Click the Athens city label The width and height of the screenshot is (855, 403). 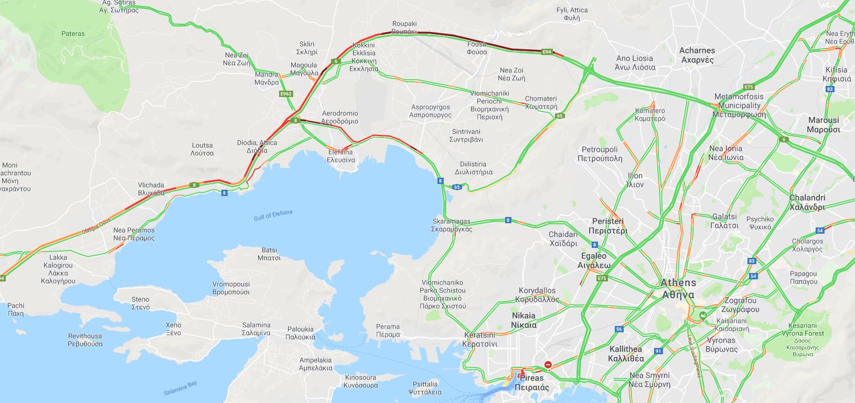tap(678, 288)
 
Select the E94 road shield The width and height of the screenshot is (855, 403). tap(547, 52)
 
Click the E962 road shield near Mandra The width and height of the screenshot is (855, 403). tap(286, 94)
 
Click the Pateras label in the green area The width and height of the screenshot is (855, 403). tap(73, 34)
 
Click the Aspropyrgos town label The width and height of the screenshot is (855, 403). tap(430, 111)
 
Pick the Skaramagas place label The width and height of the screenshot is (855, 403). tap(452, 225)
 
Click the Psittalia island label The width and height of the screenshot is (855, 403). tap(425, 388)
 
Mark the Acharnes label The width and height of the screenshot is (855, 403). tap(697, 55)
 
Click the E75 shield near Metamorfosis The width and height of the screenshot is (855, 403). tap(749, 87)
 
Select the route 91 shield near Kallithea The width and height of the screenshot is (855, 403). tap(658, 351)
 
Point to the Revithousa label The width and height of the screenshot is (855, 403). tap(85, 340)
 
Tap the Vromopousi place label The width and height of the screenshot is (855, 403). tap(231, 288)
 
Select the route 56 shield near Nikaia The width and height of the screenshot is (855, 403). tap(619, 329)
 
